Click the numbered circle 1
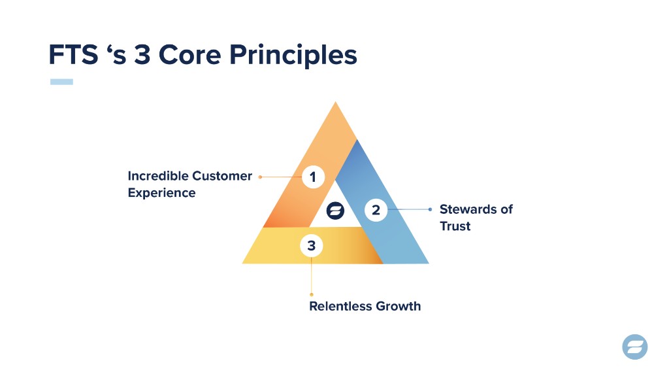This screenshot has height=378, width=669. coord(313,177)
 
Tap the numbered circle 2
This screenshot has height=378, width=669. coord(376,210)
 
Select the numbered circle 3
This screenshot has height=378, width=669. coord(312,246)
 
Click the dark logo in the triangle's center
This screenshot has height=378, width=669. coord(335,211)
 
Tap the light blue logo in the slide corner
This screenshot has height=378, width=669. coord(635,347)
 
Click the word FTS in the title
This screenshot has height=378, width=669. coord(73,55)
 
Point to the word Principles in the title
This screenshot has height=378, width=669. coord(293,56)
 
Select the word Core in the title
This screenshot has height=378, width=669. coord(190,55)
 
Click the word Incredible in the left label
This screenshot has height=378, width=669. coord(158,176)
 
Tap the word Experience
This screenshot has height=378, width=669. coord(162,193)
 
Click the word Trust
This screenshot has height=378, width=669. coord(455,226)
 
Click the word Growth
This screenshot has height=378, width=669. coord(398,306)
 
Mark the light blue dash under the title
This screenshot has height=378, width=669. coord(61,82)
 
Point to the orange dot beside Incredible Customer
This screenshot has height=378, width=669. coord(260,177)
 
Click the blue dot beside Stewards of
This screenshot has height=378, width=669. coord(430,209)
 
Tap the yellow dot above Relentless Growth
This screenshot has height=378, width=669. coord(312,295)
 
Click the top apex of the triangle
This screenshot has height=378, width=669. coord(335,102)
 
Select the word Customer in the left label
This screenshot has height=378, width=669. coord(222,176)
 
